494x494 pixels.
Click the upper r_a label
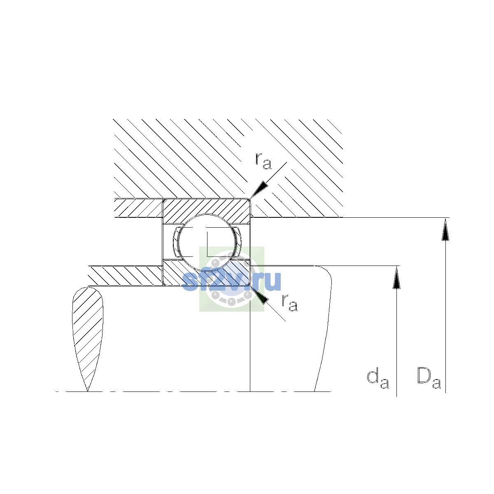(263, 161)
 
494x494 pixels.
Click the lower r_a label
(290, 303)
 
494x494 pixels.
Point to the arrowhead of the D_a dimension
(445, 229)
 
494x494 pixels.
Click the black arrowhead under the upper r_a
(259, 189)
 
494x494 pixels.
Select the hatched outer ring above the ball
(206, 207)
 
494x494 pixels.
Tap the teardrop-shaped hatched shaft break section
(88, 339)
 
